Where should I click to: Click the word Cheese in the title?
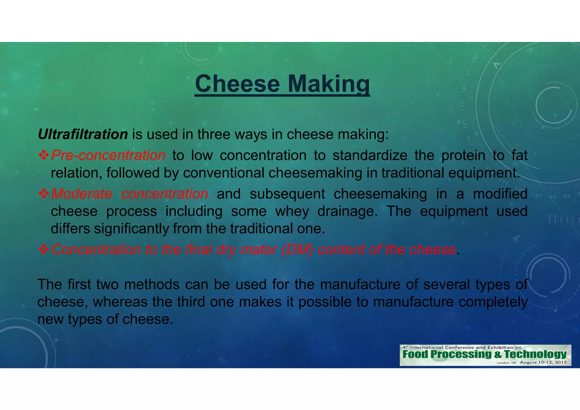point(237,84)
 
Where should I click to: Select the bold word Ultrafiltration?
point(83,134)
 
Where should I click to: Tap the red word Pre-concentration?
point(108,155)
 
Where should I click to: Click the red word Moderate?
point(82,194)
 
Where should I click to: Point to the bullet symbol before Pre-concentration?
point(44,155)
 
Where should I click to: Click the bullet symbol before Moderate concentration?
point(44,194)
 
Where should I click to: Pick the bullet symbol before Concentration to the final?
point(44,249)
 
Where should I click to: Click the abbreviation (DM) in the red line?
point(297,249)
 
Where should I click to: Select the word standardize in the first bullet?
point(370,155)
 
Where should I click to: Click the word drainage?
point(347,211)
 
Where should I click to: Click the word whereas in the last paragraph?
point(120,302)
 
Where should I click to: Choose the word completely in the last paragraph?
point(493,302)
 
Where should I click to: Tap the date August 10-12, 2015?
point(543,362)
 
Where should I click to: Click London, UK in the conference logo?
point(506,363)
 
